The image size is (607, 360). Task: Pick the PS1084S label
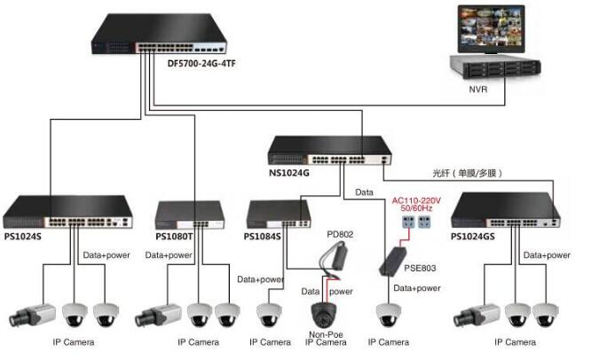point(262,237)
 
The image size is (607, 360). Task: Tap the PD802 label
point(339,234)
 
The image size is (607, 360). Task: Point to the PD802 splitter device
point(335,257)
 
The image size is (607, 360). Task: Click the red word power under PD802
point(341,291)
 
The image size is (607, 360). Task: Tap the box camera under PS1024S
point(34,315)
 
